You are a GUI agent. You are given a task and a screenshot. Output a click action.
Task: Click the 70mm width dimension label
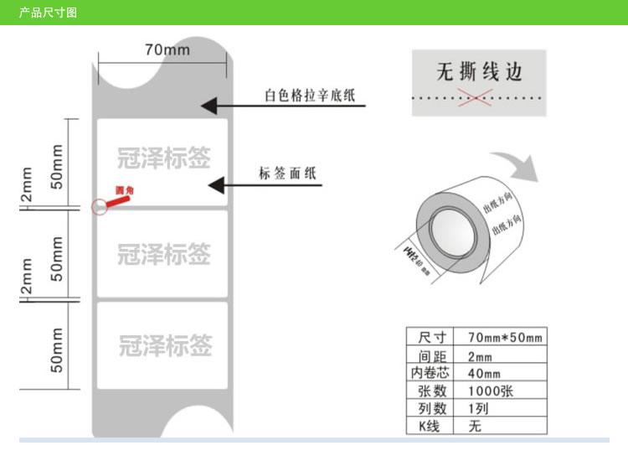[x=167, y=49]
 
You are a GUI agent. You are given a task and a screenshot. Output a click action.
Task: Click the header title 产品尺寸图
[x=48, y=12]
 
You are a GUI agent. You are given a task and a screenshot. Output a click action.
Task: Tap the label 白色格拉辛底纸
[x=309, y=95]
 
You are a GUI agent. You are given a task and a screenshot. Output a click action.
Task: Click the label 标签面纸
[x=287, y=174]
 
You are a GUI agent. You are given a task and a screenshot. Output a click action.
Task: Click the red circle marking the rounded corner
[x=100, y=205]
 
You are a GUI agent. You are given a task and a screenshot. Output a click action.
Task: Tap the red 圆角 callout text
[x=124, y=191]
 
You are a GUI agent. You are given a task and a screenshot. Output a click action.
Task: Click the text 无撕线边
[x=479, y=72]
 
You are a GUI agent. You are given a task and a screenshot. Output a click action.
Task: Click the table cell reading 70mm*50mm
[x=504, y=337]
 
